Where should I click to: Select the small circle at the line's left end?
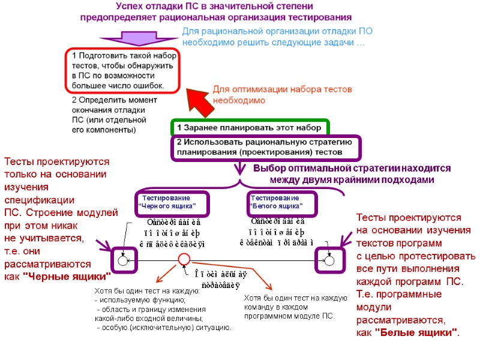pyautogui.click(x=123, y=261)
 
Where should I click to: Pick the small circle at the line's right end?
pyautogui.click(x=329, y=261)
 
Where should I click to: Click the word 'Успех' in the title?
pyautogui.click(x=133, y=7)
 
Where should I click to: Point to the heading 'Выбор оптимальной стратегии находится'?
pyautogui.click(x=351, y=169)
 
